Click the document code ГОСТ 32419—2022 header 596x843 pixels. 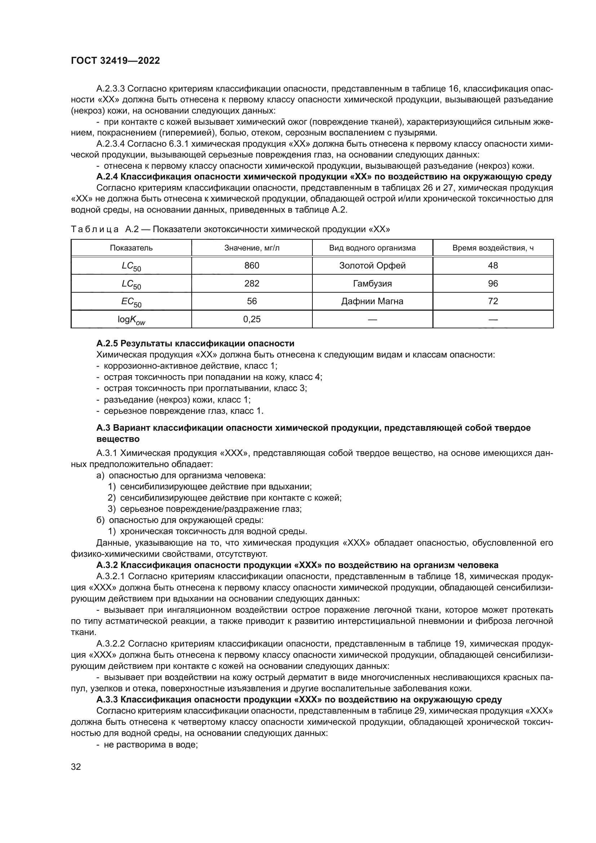115,61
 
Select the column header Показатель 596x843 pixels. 131,248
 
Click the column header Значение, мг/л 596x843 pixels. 252,248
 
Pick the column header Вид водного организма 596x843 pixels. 372,248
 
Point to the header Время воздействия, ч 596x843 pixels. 493,248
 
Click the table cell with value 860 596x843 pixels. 252,266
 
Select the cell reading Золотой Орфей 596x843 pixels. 372,266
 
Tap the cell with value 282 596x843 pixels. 252,283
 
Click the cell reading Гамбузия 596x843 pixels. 372,283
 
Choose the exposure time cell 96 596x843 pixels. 493,283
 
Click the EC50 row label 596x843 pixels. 131,302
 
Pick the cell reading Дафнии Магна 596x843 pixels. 372,301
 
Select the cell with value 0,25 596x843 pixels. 252,319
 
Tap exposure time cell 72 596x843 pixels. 493,301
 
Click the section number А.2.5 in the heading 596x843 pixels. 107,343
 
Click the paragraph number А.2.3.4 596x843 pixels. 111,143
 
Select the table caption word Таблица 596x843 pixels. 95,230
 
